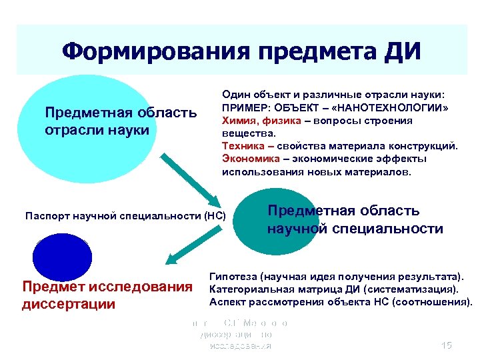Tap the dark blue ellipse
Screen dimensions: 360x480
pos(63,256)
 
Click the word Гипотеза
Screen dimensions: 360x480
pos(233,276)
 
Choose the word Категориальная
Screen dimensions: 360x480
pos(249,289)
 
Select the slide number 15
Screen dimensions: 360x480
pos(446,345)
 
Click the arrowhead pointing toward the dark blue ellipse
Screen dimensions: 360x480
pos(172,260)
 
